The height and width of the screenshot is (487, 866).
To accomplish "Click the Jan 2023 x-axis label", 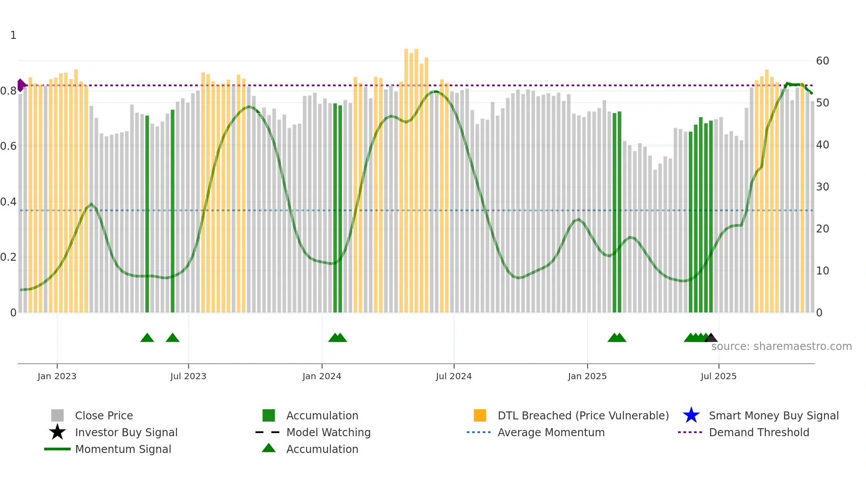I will [x=57, y=376].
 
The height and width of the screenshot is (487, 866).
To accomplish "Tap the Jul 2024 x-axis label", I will [x=453, y=376].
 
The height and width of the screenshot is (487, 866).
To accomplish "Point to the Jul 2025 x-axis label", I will [x=718, y=376].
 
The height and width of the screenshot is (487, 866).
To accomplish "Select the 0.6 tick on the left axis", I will [x=8, y=146].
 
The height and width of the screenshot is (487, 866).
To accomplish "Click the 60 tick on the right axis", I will [x=822, y=61].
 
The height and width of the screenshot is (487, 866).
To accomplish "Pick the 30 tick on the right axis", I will [x=822, y=187].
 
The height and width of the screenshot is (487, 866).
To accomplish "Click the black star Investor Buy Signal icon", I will [x=57, y=432].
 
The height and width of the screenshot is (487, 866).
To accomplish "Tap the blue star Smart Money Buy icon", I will [x=691, y=415].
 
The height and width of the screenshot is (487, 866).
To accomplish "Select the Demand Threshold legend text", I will [x=759, y=432].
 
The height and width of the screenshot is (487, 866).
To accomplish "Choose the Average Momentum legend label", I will [x=551, y=432].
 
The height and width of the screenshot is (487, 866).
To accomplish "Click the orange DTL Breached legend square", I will [x=480, y=415].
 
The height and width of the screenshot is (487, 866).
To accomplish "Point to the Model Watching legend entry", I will [x=328, y=432].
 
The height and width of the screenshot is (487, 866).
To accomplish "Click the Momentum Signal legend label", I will [x=123, y=449].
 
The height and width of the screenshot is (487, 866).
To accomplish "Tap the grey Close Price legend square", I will [x=57, y=415].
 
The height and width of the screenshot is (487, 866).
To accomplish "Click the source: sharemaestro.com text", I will [x=781, y=346].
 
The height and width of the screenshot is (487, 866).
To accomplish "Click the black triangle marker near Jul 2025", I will [x=711, y=338].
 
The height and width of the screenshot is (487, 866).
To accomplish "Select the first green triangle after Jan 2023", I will [x=147, y=338].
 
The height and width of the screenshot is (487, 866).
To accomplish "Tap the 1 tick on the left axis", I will [x=13, y=35].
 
